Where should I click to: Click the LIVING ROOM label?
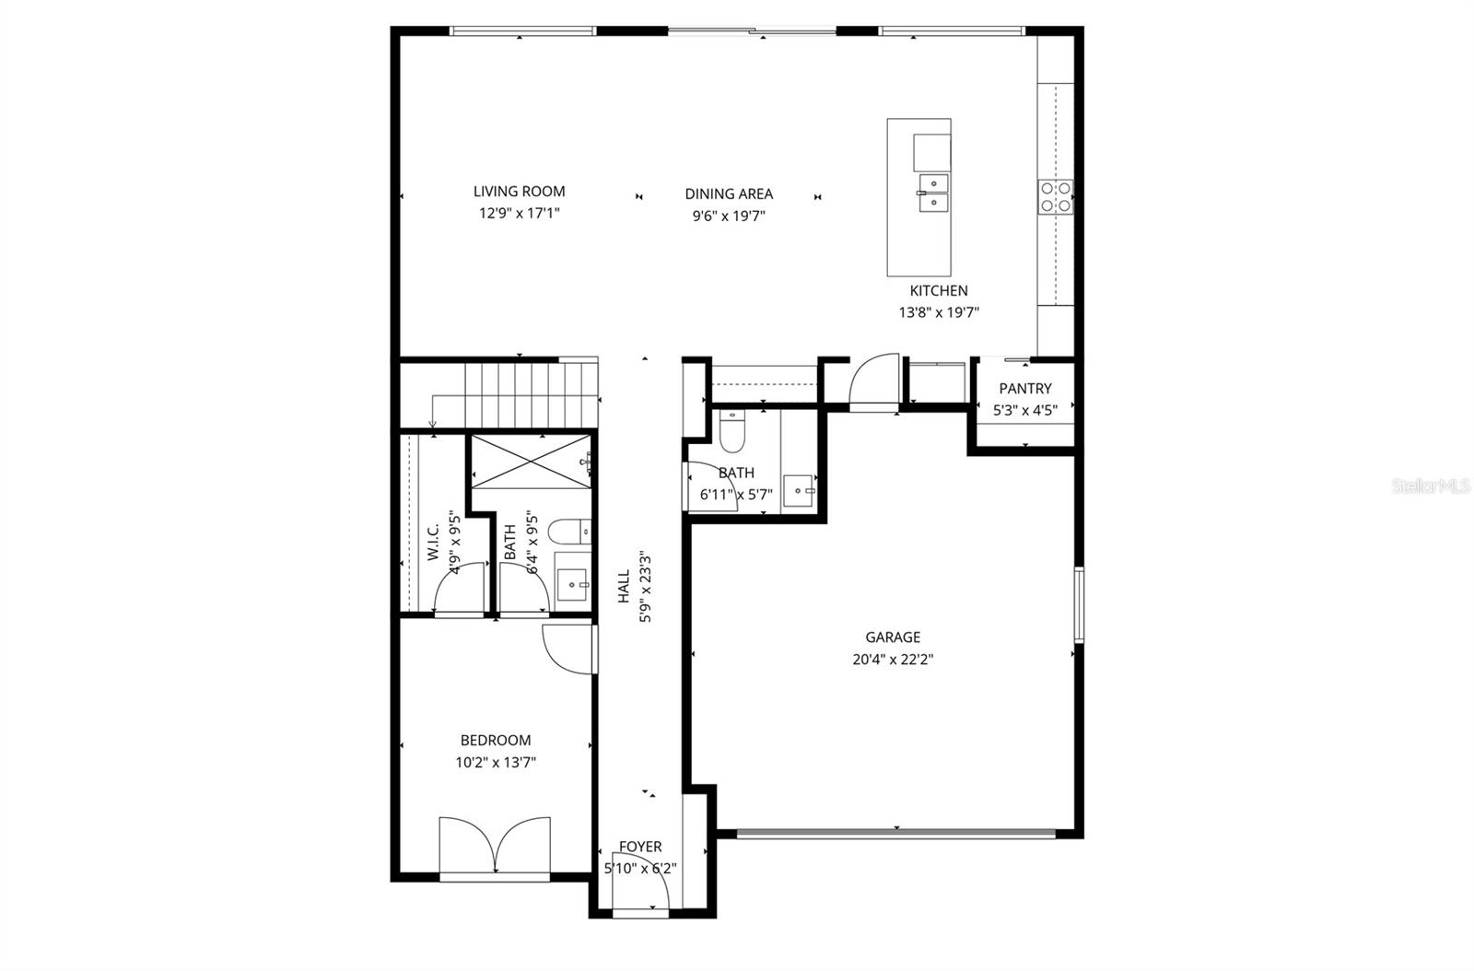519,192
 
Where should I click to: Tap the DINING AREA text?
729,193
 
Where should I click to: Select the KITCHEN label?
939,290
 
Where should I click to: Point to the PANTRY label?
1024,389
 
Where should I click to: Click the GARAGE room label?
892,637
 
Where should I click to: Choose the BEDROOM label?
496,740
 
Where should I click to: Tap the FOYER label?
639,847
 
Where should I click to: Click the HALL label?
624,587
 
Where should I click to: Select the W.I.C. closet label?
433,544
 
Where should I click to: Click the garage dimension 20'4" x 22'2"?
892,660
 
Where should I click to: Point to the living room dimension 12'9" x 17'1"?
519,214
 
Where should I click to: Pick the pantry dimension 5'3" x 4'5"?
1024,411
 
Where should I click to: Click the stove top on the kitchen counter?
1056,195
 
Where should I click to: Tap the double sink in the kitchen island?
933,193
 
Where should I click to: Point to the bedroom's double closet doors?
496,845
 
